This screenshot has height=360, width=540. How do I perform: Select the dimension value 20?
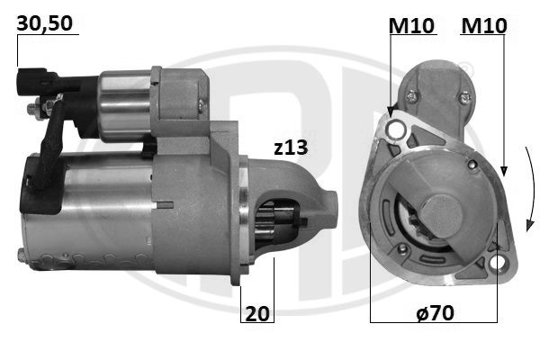pyautogui.click(x=257, y=313)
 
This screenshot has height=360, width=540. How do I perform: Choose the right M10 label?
pyautogui.click(x=483, y=28)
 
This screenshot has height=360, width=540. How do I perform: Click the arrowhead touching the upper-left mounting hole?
pyautogui.click(x=391, y=112)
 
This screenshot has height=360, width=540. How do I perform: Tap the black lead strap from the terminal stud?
pyautogui.click(x=49, y=144)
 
